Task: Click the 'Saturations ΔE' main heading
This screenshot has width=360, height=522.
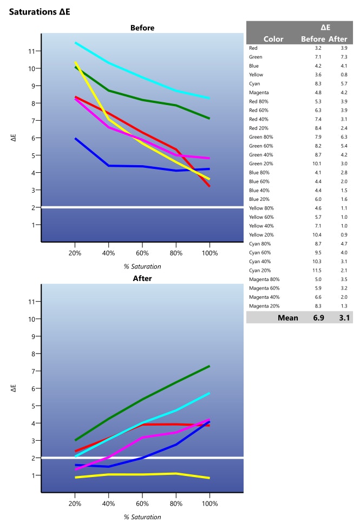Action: [40, 11]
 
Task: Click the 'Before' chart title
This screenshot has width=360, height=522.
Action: [142, 28]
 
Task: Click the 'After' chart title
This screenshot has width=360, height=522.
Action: [142, 278]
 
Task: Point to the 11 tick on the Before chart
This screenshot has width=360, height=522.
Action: [32, 51]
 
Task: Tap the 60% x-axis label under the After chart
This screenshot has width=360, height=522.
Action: [142, 504]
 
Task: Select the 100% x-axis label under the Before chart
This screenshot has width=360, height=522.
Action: [210, 253]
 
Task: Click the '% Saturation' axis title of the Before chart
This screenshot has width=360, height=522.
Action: [142, 266]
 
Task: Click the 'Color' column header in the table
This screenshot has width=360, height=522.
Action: [273, 39]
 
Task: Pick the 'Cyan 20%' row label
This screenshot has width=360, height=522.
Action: [261, 270]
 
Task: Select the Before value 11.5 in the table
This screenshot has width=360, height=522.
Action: [318, 270]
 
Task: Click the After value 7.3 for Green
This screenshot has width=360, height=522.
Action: [344, 57]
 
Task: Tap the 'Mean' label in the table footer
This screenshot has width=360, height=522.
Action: [287, 318]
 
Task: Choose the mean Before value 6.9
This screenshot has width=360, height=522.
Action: [318, 318]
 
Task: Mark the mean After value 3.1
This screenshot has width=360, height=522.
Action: [344, 318]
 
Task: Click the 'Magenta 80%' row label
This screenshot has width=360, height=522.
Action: [264, 279]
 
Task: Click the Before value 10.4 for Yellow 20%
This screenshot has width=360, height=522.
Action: [318, 234]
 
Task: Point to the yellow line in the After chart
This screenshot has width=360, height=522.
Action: [142, 474]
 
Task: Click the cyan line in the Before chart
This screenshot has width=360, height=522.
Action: [142, 77]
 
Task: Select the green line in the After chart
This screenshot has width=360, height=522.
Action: [142, 400]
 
